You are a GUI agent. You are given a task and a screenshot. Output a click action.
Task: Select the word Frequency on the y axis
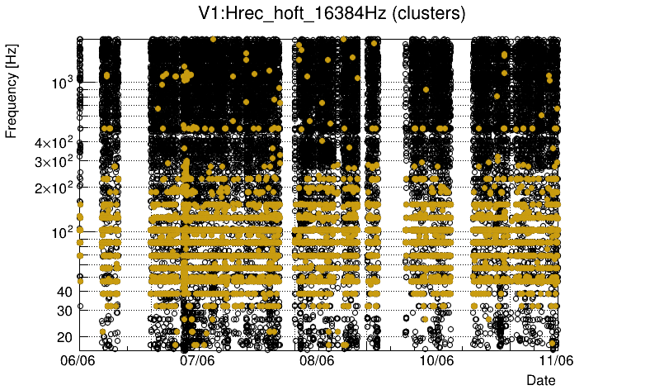tap(12, 106)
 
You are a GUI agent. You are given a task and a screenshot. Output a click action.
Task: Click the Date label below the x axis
tap(541, 380)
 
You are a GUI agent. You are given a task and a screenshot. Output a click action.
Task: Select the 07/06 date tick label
tap(198, 361)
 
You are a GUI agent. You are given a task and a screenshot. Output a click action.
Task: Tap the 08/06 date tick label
tap(318, 361)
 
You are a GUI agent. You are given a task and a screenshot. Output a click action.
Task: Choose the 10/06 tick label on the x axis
tap(436, 361)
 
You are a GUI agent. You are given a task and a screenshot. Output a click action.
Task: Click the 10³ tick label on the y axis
tap(62, 83)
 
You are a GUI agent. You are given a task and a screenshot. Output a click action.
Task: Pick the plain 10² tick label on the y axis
tap(62, 232)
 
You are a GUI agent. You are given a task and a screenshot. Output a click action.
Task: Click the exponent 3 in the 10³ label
tap(72, 79)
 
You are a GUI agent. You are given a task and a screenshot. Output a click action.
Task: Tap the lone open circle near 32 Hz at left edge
tap(80, 307)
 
